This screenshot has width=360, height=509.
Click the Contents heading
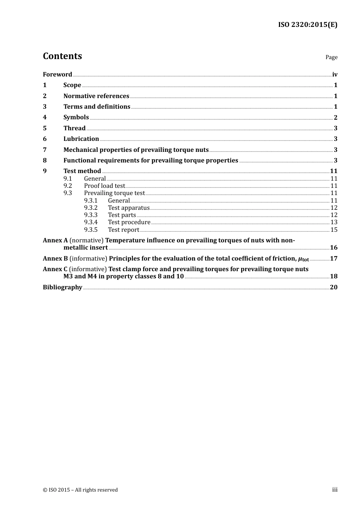click(62, 56)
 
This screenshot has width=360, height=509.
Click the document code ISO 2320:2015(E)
click(308, 25)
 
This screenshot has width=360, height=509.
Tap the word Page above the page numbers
click(331, 57)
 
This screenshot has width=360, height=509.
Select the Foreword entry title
click(57, 75)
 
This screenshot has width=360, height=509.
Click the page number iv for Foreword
click(335, 75)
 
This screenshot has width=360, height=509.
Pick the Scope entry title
click(72, 85)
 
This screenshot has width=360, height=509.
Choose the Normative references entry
click(96, 96)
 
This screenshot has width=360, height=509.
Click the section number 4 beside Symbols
click(45, 117)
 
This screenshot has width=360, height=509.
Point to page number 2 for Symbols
click(335, 117)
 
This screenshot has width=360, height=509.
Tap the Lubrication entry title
click(81, 139)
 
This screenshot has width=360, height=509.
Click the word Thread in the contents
click(74, 128)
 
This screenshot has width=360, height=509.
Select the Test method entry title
click(82, 171)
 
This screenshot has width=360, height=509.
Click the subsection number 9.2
click(67, 186)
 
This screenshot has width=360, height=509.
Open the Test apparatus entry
click(128, 208)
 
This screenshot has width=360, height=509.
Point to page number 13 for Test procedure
click(334, 222)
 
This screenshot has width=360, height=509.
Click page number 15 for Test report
click(334, 230)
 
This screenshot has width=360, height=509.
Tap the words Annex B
click(55, 259)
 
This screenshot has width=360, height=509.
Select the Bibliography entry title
click(62, 287)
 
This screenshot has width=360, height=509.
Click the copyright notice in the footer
click(80, 490)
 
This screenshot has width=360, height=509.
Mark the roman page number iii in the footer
click(335, 490)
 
